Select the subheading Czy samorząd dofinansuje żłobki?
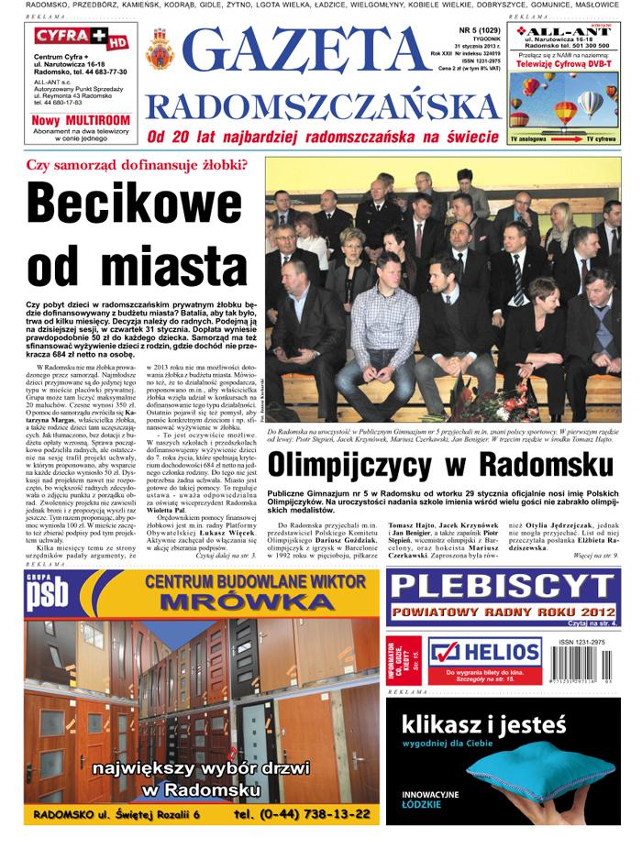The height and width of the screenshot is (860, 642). (137, 165)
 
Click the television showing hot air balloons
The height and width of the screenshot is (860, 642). (563, 105)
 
